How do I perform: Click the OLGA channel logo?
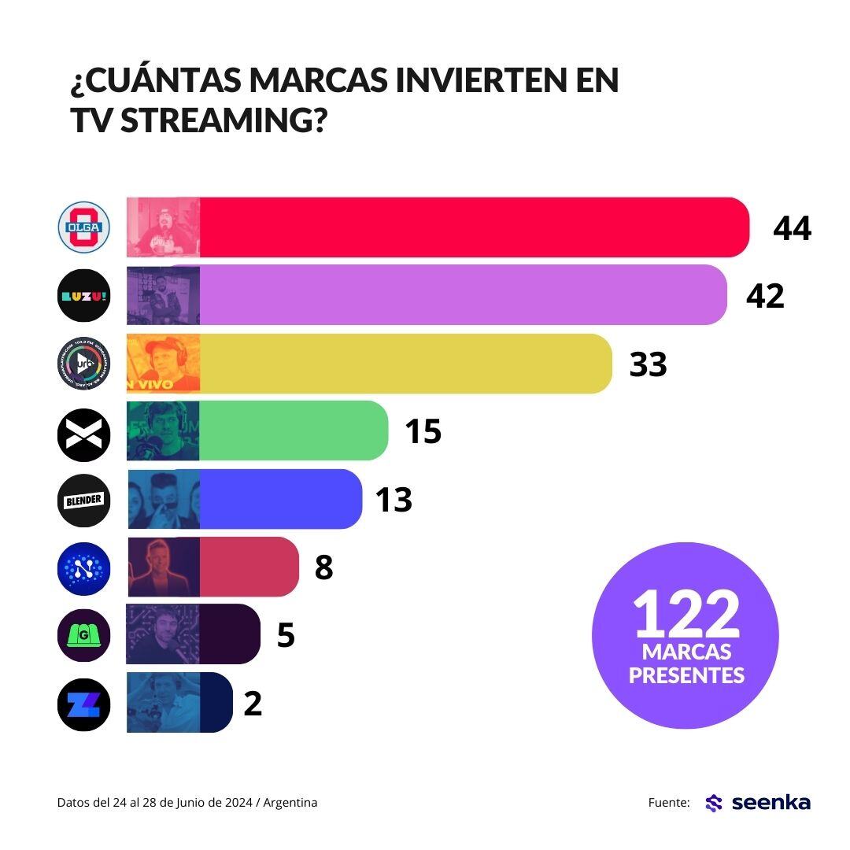[x=84, y=228]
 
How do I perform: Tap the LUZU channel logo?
[x=84, y=296]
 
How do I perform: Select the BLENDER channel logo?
[x=84, y=499]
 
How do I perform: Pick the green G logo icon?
[x=84, y=634]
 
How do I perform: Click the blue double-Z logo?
[x=84, y=702]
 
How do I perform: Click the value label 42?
[x=766, y=296]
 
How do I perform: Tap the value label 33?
[x=648, y=364]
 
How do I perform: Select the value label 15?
[x=423, y=431]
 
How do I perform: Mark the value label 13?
[x=394, y=499]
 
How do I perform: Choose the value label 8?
[x=323, y=567]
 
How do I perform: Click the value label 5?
[x=286, y=634]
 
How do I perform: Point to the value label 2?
[x=252, y=702]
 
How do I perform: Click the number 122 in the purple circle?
[x=687, y=613]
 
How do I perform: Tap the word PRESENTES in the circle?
[x=687, y=675]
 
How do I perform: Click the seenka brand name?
[x=771, y=802]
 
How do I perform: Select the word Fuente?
[x=669, y=803]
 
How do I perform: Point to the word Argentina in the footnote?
[x=290, y=803]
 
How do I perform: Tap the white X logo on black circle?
[x=84, y=431]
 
